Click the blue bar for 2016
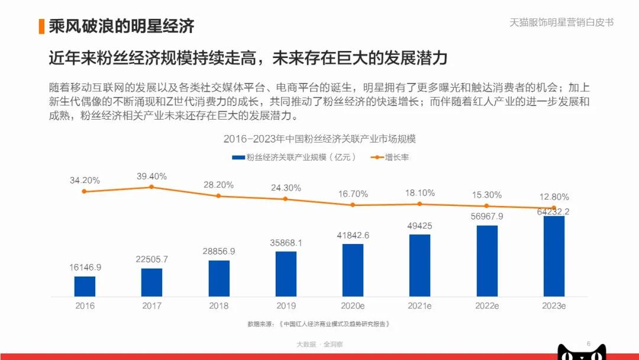coord(85,286)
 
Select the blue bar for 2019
coord(286,274)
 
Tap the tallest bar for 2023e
coord(554,256)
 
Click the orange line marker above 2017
coord(151,187)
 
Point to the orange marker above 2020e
coord(353,205)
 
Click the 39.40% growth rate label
coord(151,176)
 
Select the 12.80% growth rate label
coord(554,197)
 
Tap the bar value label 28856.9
coord(219,251)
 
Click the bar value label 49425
coord(420,226)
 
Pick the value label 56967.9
coord(487,216)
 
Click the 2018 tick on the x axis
coord(219,306)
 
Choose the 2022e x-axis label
coord(487,306)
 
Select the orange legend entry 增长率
coord(390,157)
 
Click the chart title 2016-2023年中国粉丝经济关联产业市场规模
coord(319,139)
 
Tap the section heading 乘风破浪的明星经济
coord(121,26)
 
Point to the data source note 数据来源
coord(319,324)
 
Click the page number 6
coord(588,343)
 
